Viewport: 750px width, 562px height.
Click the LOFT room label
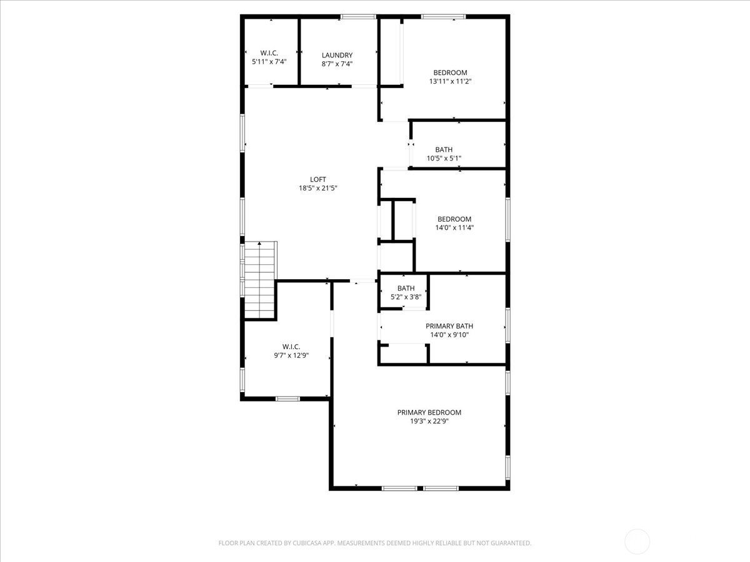(x=317, y=179)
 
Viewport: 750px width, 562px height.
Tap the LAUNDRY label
(x=337, y=55)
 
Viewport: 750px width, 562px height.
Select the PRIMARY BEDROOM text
(x=429, y=412)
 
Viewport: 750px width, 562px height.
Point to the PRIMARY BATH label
(x=449, y=326)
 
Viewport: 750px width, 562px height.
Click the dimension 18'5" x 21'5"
(x=317, y=188)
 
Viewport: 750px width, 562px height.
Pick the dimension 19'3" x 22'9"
(x=429, y=421)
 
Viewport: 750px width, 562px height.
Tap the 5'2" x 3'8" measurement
(x=406, y=297)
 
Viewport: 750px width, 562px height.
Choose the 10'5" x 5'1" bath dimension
(x=444, y=159)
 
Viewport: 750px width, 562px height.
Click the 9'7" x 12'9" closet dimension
(x=291, y=355)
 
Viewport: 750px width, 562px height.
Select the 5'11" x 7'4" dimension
(x=269, y=62)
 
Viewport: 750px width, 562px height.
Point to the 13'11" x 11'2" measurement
(x=450, y=81)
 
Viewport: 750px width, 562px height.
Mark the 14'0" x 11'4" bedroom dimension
(x=454, y=227)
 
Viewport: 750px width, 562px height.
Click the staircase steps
(x=259, y=280)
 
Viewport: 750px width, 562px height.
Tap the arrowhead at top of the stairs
(x=259, y=244)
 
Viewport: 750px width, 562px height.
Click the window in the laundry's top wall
(x=358, y=16)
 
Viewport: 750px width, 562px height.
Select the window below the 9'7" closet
(x=287, y=398)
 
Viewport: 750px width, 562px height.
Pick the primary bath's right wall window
(x=507, y=325)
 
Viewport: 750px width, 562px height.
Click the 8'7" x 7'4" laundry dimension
(x=337, y=64)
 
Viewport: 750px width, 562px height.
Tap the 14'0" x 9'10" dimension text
(x=449, y=335)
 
